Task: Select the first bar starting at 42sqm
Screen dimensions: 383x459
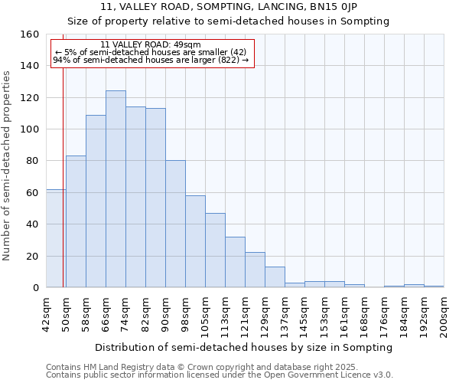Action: (x=56, y=238)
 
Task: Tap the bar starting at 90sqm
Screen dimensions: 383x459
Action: (x=175, y=224)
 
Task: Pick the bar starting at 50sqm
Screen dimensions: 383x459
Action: (x=76, y=221)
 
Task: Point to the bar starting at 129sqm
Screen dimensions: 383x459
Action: (x=275, y=277)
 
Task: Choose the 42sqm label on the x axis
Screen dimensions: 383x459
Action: (x=46, y=315)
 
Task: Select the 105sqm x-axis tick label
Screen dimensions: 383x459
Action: (x=205, y=315)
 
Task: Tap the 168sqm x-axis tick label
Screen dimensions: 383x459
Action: (x=364, y=315)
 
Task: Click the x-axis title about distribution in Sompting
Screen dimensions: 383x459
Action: (x=245, y=348)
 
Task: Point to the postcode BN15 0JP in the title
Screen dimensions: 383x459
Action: (x=347, y=7)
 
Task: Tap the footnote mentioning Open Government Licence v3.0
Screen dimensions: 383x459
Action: (x=220, y=375)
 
